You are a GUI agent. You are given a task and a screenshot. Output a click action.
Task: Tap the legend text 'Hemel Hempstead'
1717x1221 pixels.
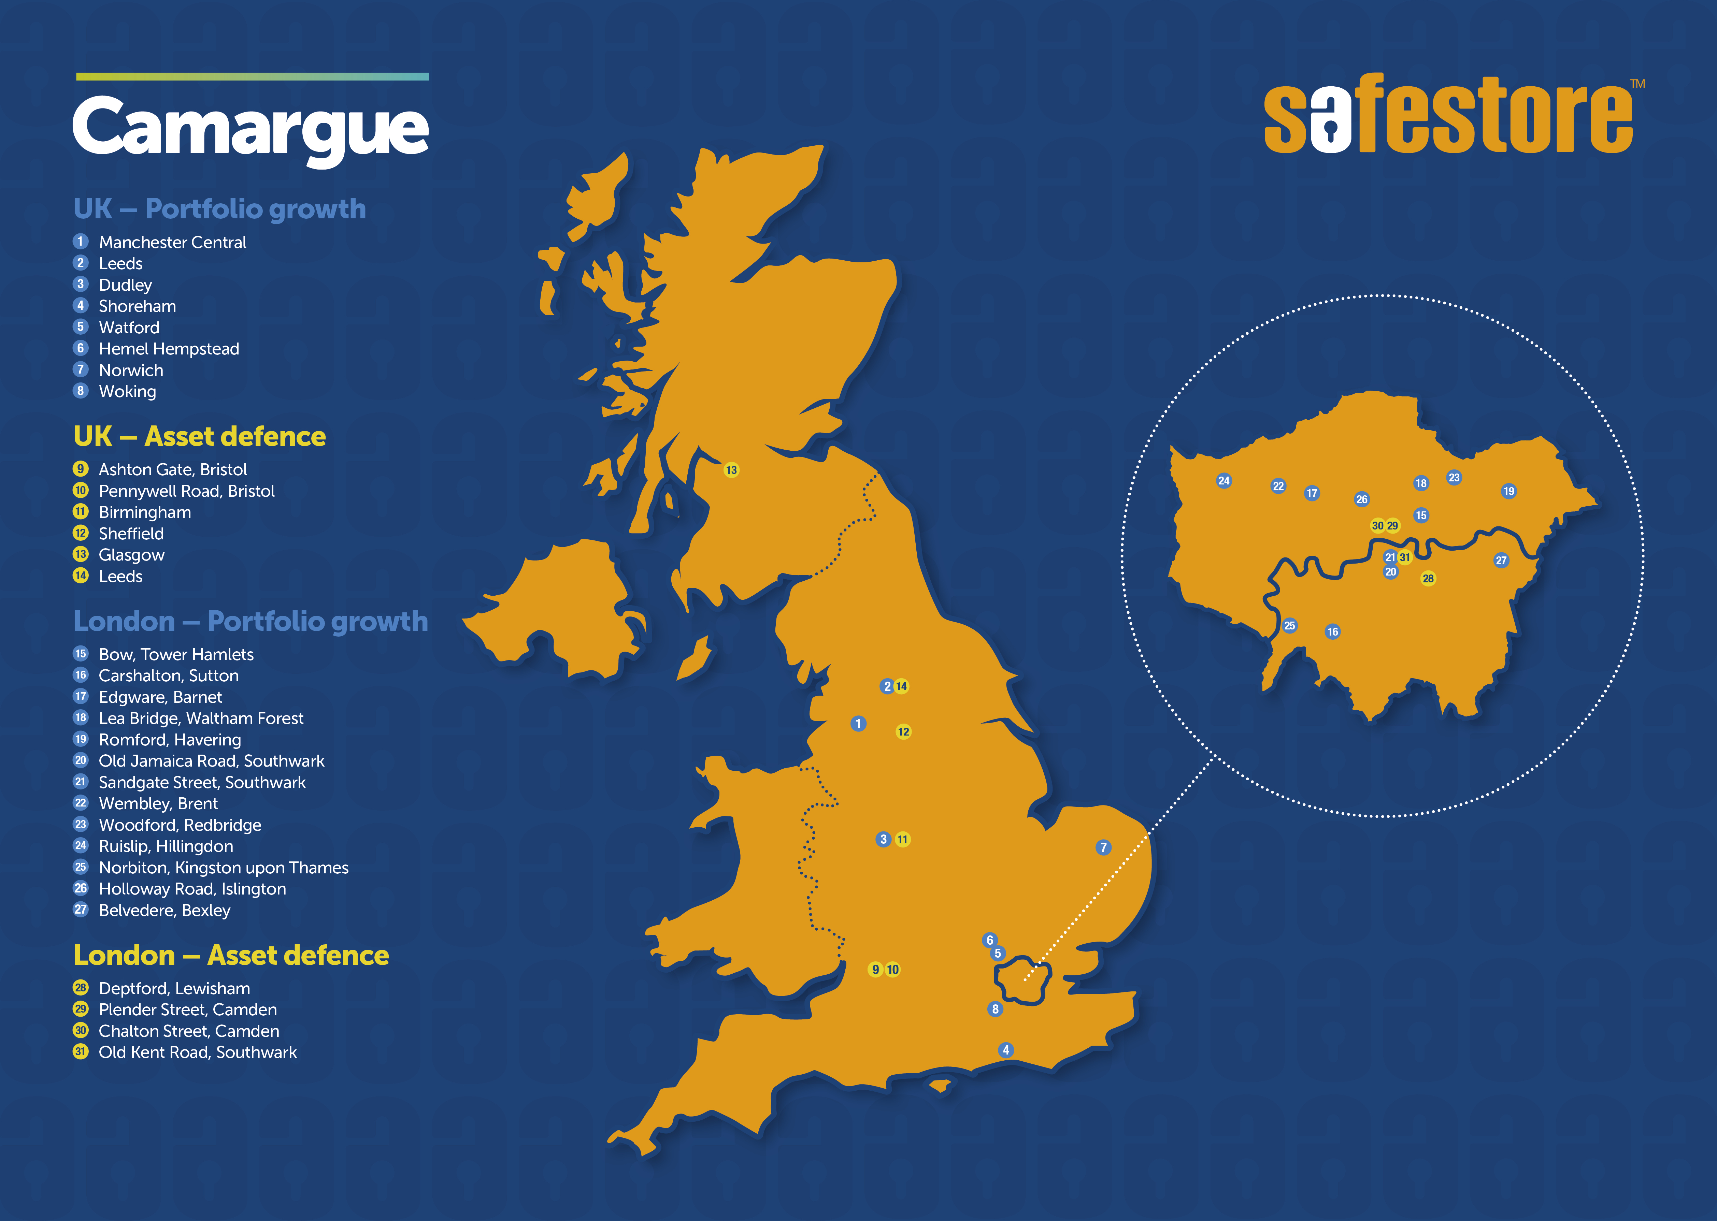tap(169, 349)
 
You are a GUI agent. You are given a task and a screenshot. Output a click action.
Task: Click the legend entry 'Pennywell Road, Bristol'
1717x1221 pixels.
tap(187, 491)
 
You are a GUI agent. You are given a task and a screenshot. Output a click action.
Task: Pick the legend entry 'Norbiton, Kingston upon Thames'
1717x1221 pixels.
tap(223, 868)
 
